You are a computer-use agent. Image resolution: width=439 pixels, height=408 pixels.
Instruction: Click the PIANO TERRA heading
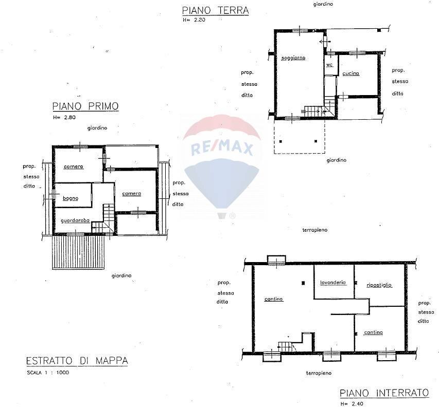click(x=216, y=10)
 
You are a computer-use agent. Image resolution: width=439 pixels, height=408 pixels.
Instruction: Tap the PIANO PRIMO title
click(x=85, y=106)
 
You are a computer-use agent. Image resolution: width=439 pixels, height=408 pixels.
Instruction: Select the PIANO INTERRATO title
click(x=384, y=393)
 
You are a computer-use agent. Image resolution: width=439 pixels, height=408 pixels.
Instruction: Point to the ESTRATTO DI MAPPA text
click(x=77, y=361)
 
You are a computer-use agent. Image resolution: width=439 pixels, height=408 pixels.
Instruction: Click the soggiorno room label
click(x=293, y=58)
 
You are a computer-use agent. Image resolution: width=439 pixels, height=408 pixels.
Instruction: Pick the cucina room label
click(x=350, y=73)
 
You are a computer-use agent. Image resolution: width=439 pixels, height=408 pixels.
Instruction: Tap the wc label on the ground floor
click(x=329, y=65)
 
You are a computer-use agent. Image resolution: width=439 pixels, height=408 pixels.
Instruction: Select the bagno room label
click(x=71, y=198)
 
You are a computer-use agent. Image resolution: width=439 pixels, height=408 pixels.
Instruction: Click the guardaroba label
click(x=75, y=220)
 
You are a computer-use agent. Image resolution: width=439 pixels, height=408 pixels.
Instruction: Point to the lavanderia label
click(x=332, y=283)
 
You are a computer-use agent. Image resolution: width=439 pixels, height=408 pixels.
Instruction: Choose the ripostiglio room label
click(x=379, y=285)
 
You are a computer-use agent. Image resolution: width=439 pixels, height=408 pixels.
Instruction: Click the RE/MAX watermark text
click(x=222, y=149)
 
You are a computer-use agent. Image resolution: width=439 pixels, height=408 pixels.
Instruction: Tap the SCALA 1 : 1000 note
click(x=47, y=373)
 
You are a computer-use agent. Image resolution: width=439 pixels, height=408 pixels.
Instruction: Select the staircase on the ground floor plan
click(x=312, y=110)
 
